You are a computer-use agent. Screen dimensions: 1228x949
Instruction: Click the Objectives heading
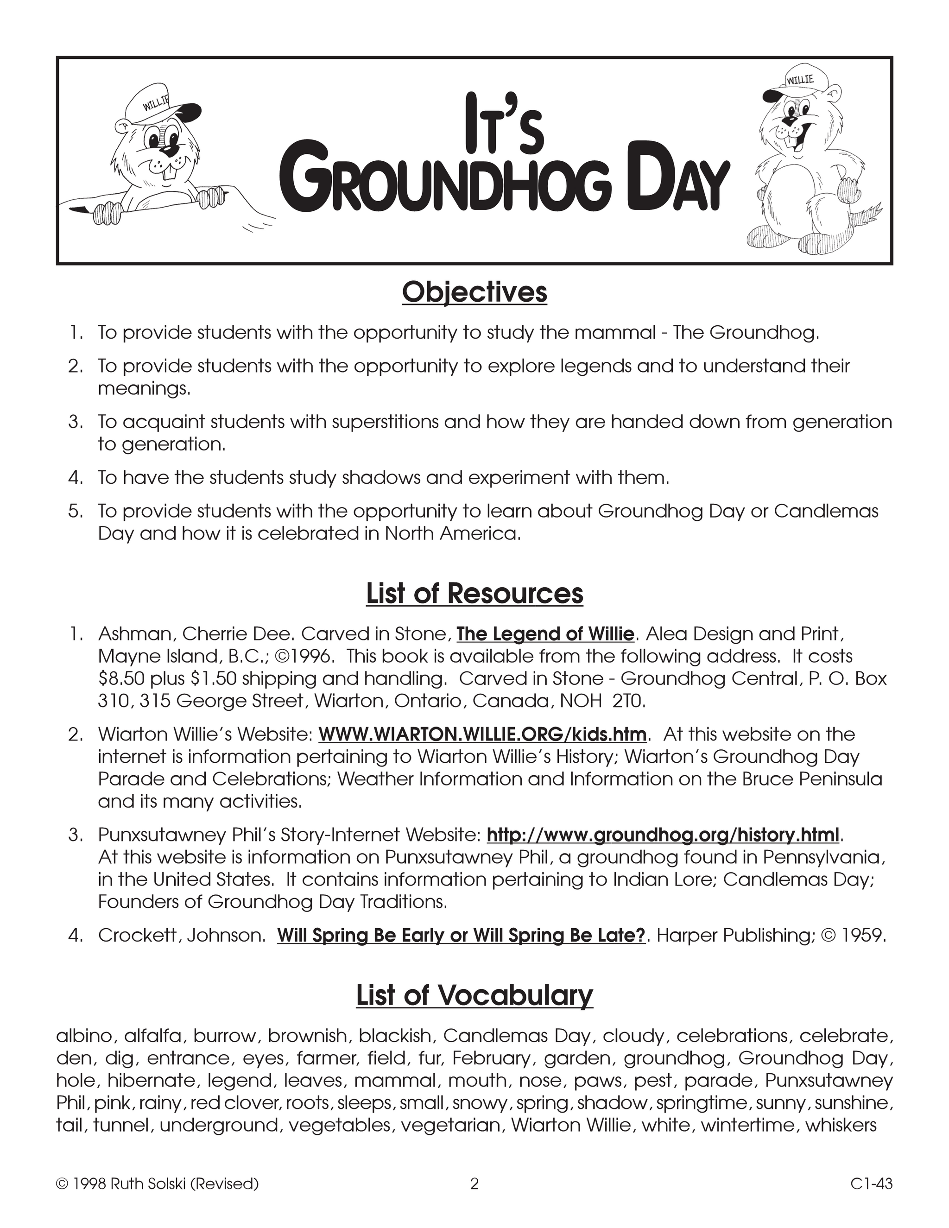coord(474,293)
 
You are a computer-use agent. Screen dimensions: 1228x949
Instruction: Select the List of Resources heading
coord(474,594)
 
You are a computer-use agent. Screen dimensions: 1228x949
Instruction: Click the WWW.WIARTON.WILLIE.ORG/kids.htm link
coord(482,734)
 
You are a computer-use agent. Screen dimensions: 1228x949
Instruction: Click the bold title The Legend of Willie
coord(545,634)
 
